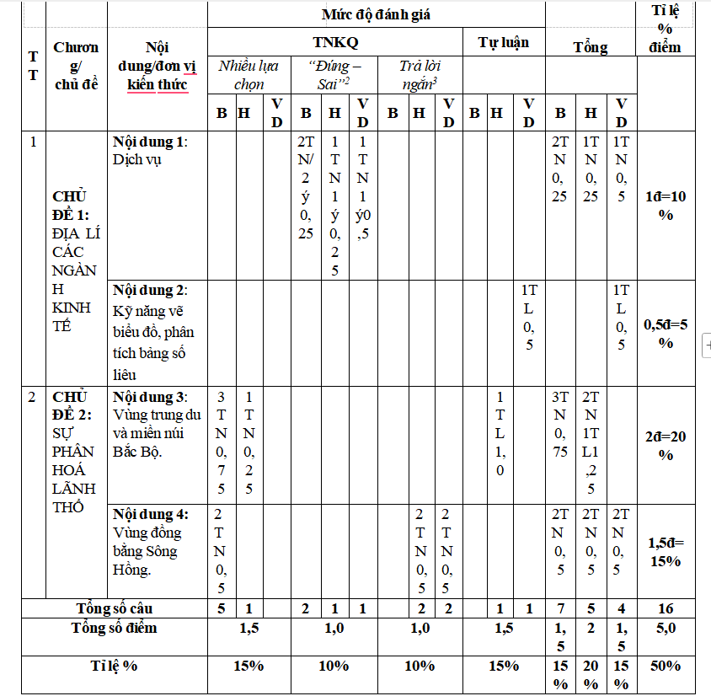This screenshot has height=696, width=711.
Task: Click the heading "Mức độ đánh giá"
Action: click(x=378, y=14)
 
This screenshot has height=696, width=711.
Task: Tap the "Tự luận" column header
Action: click(x=504, y=41)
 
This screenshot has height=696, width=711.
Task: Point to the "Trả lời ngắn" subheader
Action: click(x=420, y=74)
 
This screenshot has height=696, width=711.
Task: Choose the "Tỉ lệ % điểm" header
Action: click(x=666, y=29)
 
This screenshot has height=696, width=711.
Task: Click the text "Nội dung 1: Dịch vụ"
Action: click(x=148, y=150)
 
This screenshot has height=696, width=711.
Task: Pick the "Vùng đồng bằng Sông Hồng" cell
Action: click(x=150, y=541)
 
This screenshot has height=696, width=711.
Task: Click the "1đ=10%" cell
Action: click(x=666, y=206)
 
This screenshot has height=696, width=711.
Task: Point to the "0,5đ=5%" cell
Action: click(x=666, y=333)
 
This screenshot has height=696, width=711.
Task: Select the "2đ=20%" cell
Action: click(x=666, y=445)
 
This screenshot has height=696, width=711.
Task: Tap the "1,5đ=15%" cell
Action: click(x=666, y=552)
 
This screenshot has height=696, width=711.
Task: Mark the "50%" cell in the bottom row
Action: click(x=666, y=666)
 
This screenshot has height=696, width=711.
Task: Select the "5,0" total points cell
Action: click(x=666, y=627)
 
